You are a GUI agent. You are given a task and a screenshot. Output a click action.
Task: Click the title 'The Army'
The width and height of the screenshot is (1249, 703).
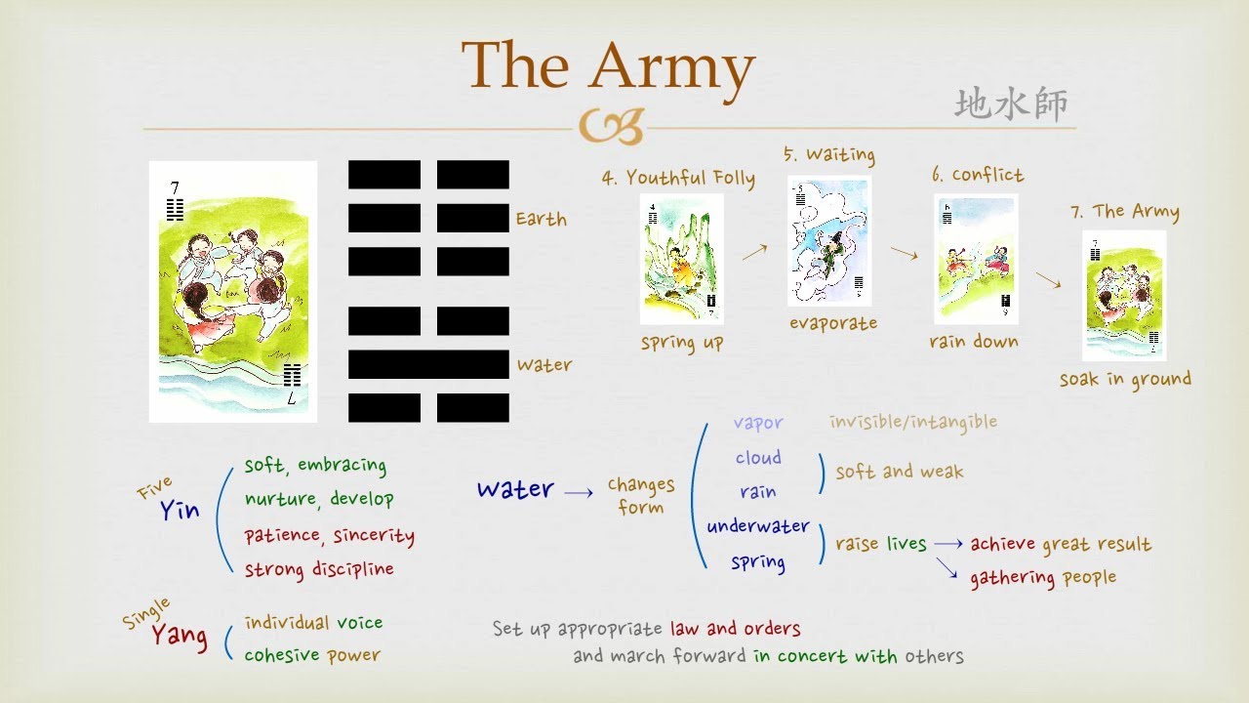coord(608,66)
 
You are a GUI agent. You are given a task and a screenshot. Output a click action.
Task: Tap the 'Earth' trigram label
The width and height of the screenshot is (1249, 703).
coord(541,219)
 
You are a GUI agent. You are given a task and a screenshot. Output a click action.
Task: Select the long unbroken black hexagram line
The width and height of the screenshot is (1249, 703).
coord(428,364)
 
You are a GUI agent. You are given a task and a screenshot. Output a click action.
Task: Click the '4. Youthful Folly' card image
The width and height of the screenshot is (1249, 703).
coord(682,259)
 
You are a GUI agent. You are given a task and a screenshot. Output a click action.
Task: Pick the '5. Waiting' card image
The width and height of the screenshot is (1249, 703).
coord(828,240)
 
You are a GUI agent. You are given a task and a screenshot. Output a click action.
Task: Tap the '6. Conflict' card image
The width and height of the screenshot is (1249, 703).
coord(976,259)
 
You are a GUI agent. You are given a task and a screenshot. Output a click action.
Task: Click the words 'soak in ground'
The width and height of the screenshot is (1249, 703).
coord(1125,380)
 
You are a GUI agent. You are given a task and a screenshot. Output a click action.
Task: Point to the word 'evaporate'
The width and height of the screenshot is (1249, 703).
coord(833,323)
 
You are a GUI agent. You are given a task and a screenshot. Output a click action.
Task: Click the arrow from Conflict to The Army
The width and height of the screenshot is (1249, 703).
coord(1048,280)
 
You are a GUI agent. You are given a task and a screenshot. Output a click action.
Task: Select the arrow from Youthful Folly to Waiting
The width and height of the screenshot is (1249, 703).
coord(753,253)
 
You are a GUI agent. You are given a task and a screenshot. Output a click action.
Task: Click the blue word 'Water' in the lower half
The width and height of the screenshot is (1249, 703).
coord(515,489)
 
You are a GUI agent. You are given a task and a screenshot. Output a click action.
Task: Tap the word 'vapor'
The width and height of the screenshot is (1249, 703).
coord(758,423)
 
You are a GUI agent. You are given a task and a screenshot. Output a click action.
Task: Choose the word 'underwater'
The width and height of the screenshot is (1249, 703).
coord(758,526)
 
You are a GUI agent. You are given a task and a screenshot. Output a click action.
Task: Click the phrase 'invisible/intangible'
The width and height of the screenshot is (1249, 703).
coord(913,422)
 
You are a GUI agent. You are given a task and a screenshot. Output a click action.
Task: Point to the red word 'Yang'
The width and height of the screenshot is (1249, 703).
coord(179,637)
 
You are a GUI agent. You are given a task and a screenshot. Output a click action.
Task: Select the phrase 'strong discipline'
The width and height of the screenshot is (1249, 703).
coord(319,569)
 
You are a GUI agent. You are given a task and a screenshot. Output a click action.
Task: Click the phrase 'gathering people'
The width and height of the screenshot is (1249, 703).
coord(1042,578)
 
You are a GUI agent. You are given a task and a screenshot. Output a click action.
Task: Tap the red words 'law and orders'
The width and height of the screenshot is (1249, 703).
coord(735,629)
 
